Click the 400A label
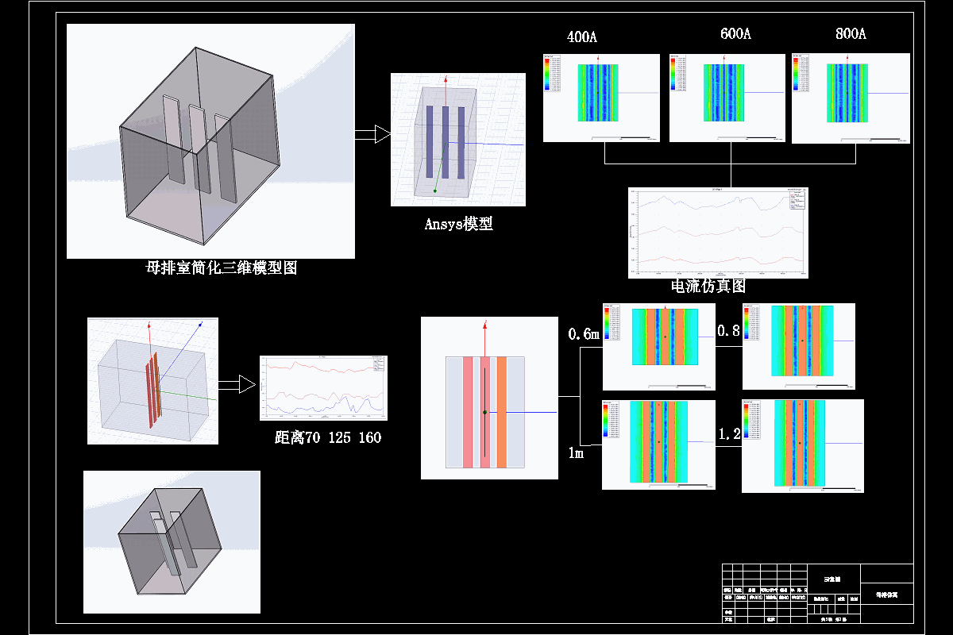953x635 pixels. tap(582, 37)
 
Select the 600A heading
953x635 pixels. tap(735, 34)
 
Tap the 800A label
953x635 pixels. tap(851, 34)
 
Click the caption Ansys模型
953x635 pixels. tap(459, 224)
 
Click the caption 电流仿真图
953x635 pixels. tap(708, 286)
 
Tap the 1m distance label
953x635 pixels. tap(576, 453)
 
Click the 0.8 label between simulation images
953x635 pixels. tap(728, 330)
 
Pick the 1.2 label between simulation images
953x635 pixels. tap(729, 434)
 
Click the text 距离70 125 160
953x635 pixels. tap(328, 437)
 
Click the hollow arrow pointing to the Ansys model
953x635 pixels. tap(372, 134)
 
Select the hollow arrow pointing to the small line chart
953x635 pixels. tap(237, 385)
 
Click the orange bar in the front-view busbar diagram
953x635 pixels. tap(502, 412)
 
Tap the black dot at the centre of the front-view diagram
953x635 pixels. tap(484, 413)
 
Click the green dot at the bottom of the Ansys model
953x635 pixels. tap(435, 190)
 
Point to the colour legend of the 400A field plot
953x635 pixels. tap(547, 74)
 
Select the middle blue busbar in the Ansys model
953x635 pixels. tap(446, 142)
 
